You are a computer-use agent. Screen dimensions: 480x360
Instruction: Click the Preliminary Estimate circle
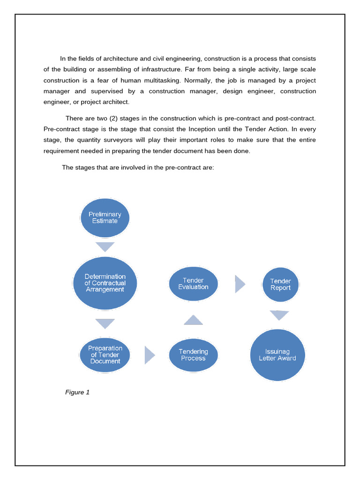(105, 217)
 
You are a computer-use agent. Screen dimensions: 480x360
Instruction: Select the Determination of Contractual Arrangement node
(105, 283)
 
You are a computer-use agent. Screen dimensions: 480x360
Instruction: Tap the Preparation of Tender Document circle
(105, 355)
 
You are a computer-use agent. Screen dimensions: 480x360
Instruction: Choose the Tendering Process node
(193, 355)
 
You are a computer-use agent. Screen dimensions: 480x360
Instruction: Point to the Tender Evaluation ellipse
(193, 284)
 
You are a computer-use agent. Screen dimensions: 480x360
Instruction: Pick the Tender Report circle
(280, 285)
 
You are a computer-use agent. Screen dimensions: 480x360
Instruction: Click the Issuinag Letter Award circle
(277, 355)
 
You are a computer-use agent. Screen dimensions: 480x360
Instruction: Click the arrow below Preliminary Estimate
(105, 247)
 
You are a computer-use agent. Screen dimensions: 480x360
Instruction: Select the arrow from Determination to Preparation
(105, 323)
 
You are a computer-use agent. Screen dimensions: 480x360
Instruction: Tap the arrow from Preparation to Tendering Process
(149, 355)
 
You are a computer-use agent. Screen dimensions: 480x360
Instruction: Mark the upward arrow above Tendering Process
(193, 320)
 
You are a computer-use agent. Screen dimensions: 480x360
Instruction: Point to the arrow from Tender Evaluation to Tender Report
(240, 284)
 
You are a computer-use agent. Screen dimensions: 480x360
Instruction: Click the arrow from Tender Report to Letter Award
(279, 315)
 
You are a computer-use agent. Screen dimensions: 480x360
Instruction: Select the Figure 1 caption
(77, 392)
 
